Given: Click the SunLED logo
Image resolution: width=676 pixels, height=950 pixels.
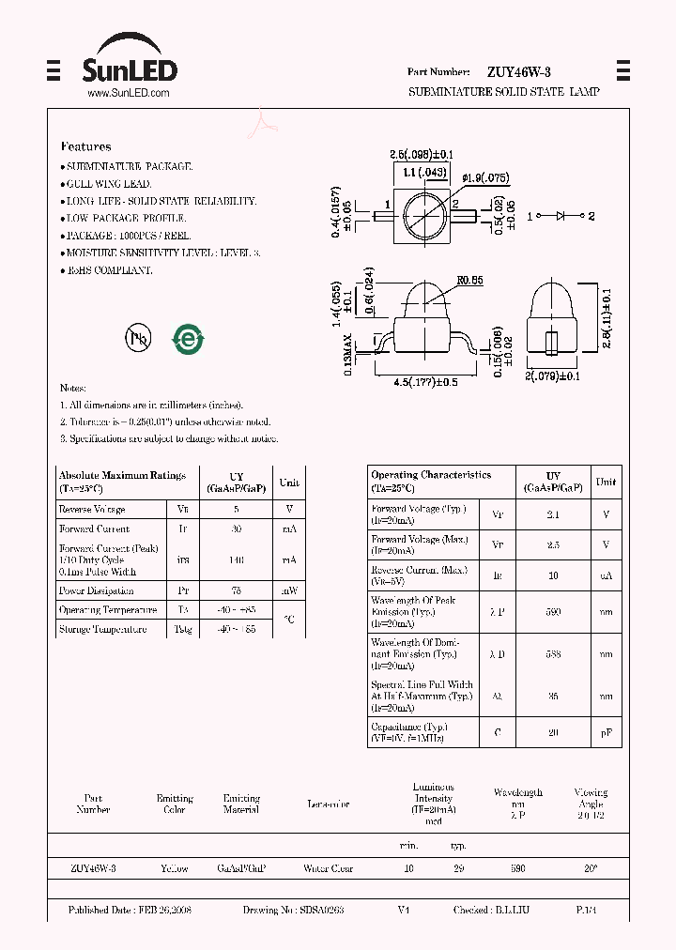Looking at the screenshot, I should click(130, 62).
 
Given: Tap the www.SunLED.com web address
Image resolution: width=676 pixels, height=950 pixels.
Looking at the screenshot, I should click(128, 94).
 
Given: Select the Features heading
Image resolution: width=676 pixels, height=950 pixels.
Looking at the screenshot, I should click(85, 146).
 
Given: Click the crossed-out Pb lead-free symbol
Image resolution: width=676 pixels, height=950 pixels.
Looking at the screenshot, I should click(138, 339).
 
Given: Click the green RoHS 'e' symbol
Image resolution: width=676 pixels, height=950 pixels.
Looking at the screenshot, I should click(188, 339).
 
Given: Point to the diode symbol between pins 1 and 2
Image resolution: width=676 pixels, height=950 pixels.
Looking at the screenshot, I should click(561, 216).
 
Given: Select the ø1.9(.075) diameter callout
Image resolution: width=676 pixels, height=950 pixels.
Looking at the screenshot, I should click(485, 177).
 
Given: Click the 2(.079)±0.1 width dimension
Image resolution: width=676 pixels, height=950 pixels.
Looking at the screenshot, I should click(553, 377).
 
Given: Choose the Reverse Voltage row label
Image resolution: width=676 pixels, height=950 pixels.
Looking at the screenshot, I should click(91, 509).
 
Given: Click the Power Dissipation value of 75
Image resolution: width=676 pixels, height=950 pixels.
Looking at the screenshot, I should click(236, 590).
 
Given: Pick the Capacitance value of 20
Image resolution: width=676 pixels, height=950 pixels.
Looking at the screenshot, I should click(553, 732).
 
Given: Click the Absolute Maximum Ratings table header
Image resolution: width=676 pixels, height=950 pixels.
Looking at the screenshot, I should click(122, 482).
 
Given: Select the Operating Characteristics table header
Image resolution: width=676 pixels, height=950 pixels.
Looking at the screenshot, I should click(431, 481).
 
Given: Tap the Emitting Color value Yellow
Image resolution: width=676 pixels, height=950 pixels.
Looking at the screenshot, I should click(175, 868).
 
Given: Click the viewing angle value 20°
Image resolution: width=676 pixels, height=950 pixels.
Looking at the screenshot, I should click(591, 868).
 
